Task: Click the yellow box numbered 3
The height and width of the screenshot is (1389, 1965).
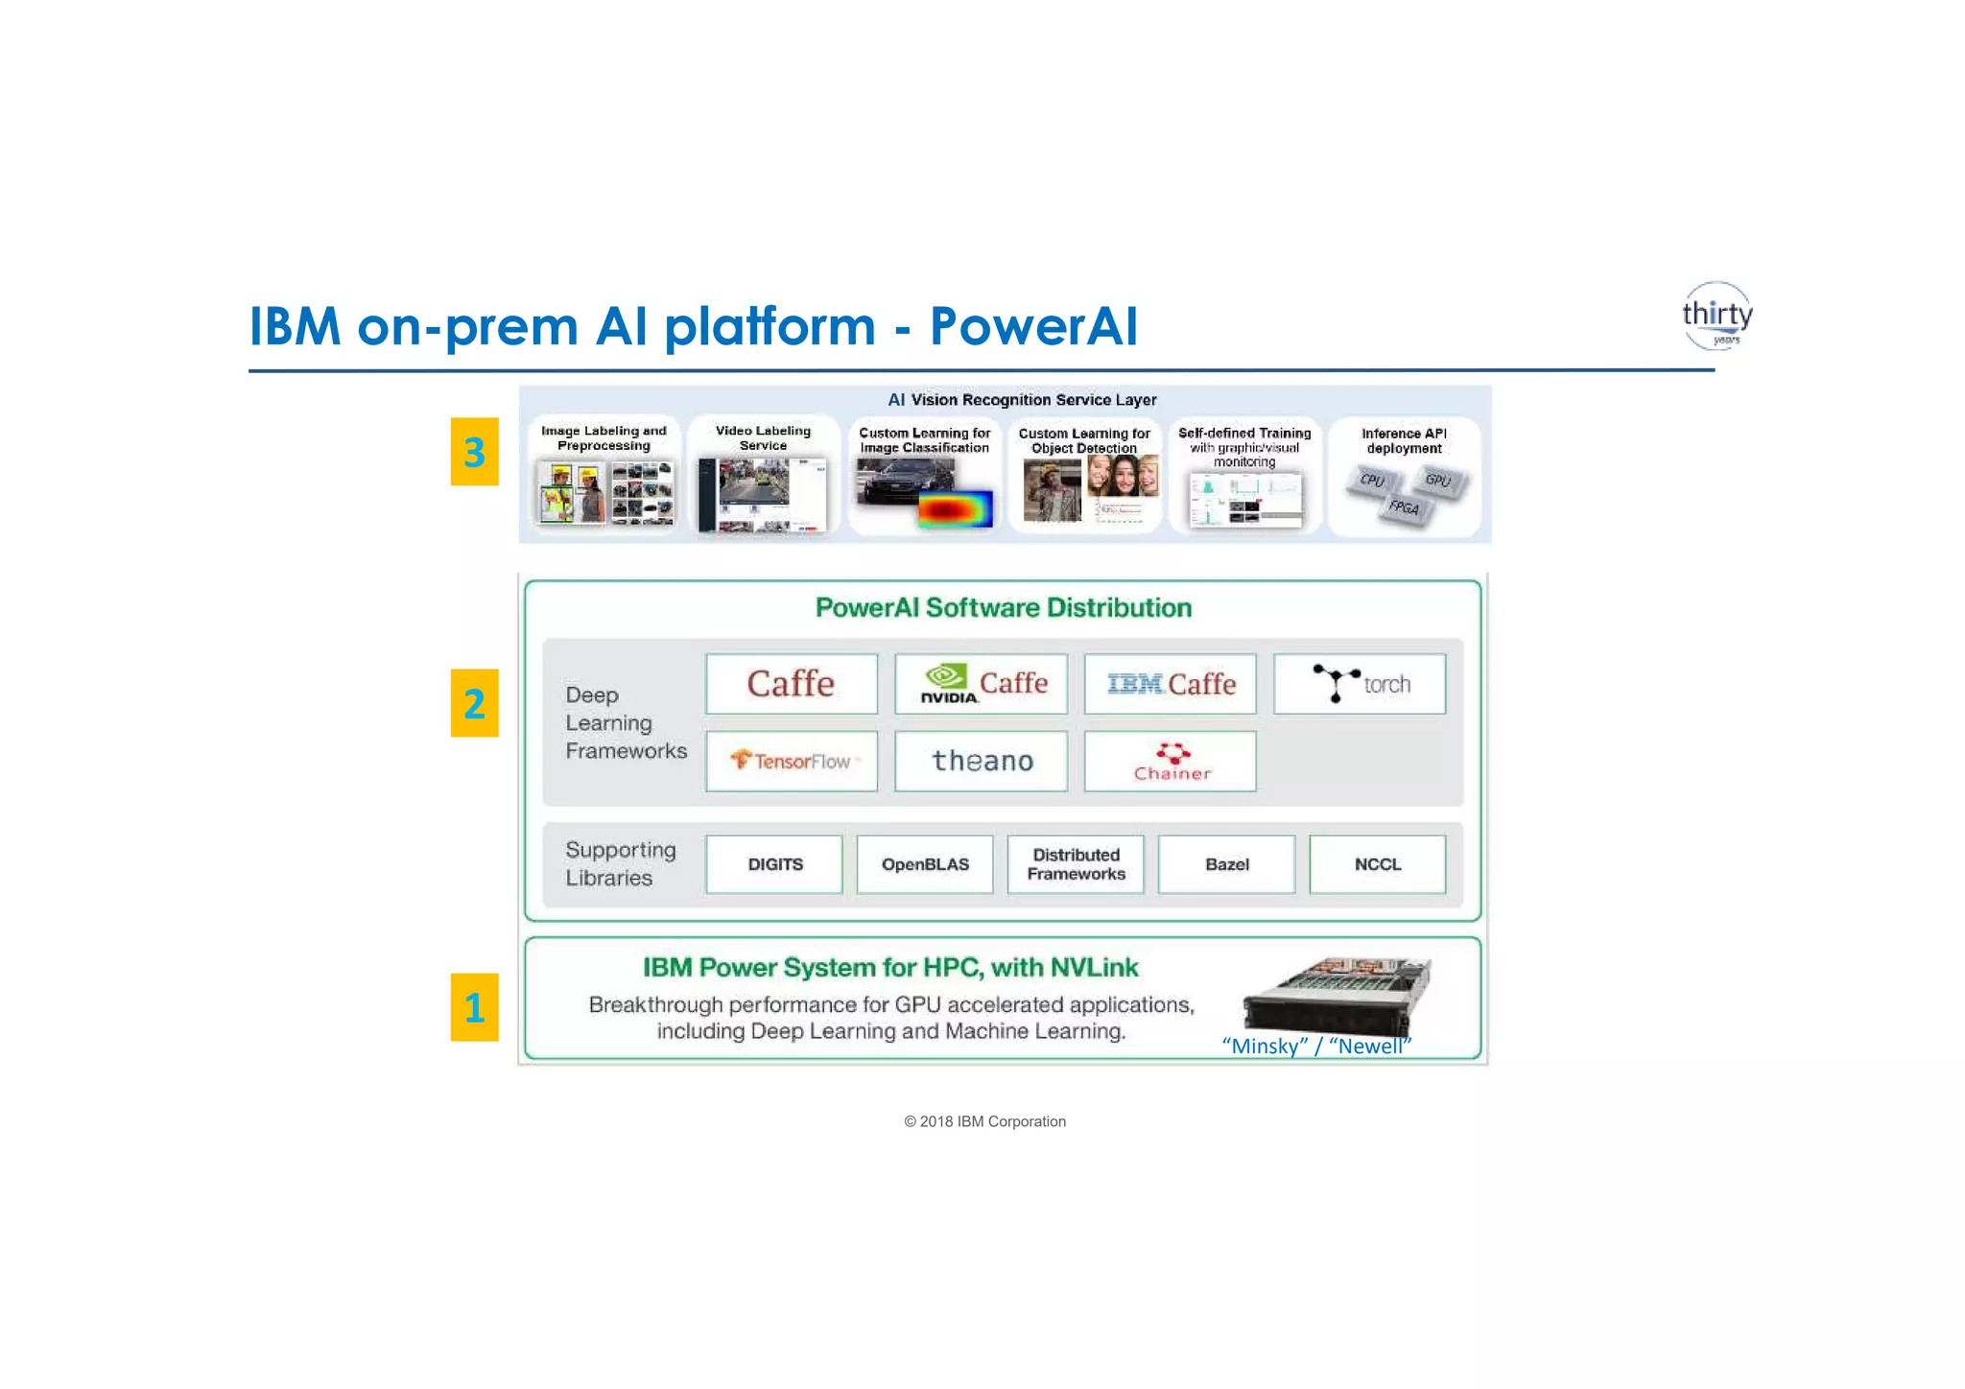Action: [474, 452]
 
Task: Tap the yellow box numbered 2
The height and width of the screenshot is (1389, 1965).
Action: [474, 703]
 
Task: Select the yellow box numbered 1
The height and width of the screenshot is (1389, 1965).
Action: [474, 1007]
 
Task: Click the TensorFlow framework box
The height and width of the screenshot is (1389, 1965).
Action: [792, 761]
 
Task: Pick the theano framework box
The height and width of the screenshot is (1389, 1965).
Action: [981, 761]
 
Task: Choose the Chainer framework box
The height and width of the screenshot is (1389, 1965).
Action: [1170, 761]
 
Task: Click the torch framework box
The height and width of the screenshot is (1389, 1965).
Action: [1359, 684]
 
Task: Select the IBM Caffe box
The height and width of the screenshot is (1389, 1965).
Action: [1170, 684]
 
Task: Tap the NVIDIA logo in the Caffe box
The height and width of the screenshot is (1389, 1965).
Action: [948, 684]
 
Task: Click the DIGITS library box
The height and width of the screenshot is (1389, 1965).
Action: [774, 864]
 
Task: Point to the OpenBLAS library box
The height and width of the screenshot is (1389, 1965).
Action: [925, 864]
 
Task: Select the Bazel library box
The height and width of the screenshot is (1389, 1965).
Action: [1226, 864]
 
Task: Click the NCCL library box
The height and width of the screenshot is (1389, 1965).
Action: [1377, 864]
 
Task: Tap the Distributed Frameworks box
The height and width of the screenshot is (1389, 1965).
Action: [1076, 864]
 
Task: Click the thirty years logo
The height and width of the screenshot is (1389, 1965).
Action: [1716, 316]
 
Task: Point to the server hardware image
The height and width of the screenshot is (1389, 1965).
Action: [1336, 995]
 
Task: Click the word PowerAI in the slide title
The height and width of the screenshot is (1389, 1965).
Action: [1033, 326]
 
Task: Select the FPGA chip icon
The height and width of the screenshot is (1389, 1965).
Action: [1404, 507]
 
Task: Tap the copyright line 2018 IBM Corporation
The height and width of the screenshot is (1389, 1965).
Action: [984, 1121]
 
